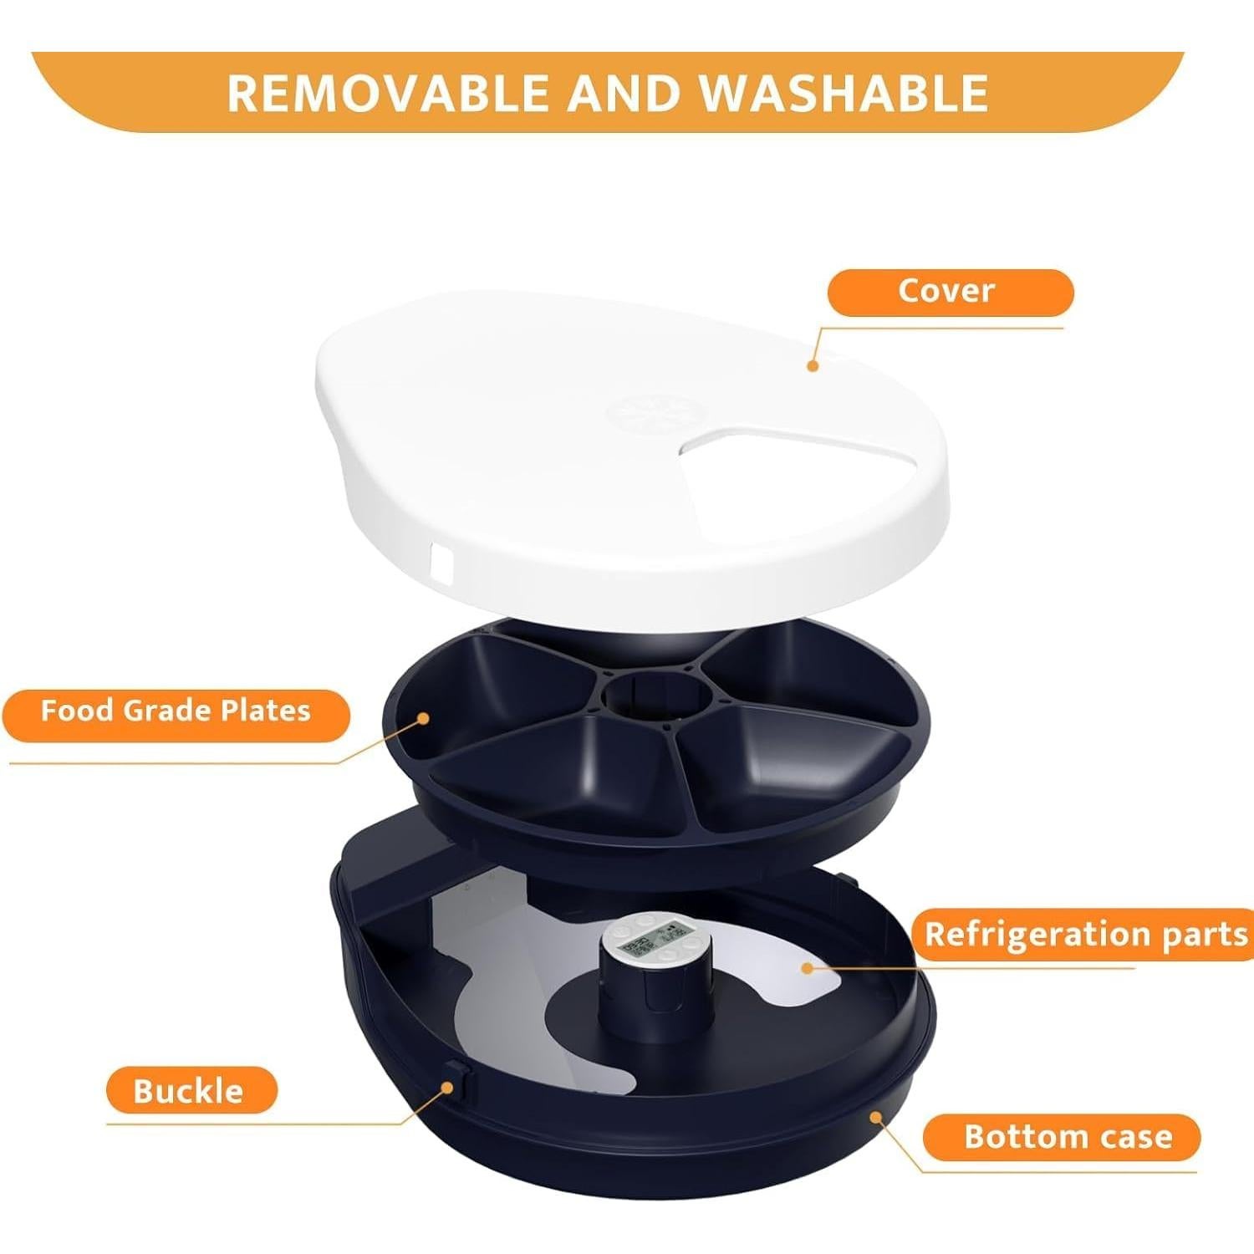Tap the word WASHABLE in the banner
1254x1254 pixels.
click(844, 93)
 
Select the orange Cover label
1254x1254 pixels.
click(950, 292)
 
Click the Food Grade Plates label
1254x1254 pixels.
click(176, 711)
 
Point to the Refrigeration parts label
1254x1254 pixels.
click(1085, 934)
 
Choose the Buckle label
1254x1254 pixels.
click(190, 1091)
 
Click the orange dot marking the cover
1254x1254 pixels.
click(812, 365)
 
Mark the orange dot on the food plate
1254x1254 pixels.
click(424, 718)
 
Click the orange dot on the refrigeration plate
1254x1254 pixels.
click(807, 968)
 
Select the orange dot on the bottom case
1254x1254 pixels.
click(875, 1116)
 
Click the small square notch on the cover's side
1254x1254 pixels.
click(441, 562)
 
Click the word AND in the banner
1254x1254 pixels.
click(622, 93)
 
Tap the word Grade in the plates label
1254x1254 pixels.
click(168, 711)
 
